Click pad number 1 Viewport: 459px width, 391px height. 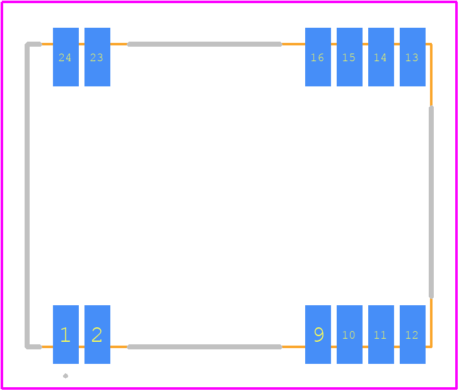66,334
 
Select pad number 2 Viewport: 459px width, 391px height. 98,334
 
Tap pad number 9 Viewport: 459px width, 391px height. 318,334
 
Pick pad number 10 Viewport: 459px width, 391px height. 349,334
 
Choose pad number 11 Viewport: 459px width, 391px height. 381,334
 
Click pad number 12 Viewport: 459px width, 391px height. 412,334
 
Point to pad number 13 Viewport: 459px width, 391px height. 412,57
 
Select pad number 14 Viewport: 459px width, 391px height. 381,57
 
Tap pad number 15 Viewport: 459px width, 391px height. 349,57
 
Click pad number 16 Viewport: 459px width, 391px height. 318,57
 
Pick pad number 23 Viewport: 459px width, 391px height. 98,57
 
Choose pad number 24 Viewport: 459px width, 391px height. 66,57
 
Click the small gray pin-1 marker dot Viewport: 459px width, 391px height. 66,376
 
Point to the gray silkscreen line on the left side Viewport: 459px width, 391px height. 27,195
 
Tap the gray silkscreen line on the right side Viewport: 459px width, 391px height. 431,202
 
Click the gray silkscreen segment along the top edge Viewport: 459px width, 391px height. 205,44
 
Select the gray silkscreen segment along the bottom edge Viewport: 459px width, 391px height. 205,347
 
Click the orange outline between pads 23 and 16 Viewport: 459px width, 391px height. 207,44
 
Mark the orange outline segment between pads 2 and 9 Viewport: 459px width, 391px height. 207,347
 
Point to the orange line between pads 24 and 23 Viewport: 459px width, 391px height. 82,44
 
